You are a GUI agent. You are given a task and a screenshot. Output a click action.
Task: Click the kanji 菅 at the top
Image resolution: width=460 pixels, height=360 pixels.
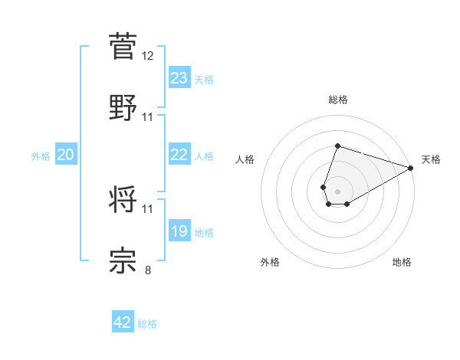pyautogui.click(x=123, y=45)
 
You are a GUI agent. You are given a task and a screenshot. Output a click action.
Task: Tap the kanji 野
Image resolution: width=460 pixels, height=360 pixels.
pyautogui.click(x=123, y=106)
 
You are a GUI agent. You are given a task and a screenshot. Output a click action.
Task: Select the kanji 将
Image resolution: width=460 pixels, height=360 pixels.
pyautogui.click(x=123, y=198)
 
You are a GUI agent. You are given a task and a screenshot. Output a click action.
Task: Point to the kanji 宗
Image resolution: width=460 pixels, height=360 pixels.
pyautogui.click(x=123, y=260)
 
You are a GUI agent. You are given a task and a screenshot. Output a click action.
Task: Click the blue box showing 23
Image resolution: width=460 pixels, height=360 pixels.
pyautogui.click(x=179, y=78)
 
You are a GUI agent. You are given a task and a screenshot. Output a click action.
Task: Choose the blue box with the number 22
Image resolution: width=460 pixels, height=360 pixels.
pyautogui.click(x=179, y=155)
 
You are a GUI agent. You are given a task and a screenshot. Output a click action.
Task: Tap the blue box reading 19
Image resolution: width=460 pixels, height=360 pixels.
pyautogui.click(x=179, y=231)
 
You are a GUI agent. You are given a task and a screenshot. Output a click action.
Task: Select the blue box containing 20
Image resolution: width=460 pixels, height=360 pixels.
pyautogui.click(x=66, y=155)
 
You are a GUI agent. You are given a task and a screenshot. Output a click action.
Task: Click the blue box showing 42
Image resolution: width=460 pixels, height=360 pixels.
pyautogui.click(x=123, y=322)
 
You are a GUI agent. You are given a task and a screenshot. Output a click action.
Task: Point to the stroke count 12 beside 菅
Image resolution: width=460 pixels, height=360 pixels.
pyautogui.click(x=148, y=56)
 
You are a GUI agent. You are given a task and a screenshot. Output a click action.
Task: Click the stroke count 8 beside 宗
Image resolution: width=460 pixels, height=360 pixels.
pyautogui.click(x=148, y=270)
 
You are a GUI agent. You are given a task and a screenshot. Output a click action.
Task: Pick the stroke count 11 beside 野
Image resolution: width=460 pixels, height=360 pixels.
pyautogui.click(x=148, y=117)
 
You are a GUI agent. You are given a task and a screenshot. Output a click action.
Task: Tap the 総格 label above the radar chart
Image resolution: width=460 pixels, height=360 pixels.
pyautogui.click(x=337, y=100)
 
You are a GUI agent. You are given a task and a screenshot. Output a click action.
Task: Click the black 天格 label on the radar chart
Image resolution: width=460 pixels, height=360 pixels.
pyautogui.click(x=431, y=159)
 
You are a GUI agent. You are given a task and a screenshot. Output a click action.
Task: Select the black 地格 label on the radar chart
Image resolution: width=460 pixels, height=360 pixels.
pyautogui.click(x=402, y=262)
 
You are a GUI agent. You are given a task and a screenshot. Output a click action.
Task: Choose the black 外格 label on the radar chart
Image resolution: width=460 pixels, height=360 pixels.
pyautogui.click(x=270, y=262)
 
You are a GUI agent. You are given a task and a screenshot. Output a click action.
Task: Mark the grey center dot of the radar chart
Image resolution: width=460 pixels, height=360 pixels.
pyautogui.click(x=337, y=190)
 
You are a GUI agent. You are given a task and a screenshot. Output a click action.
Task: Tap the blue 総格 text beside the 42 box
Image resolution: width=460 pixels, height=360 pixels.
pyautogui.click(x=147, y=324)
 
